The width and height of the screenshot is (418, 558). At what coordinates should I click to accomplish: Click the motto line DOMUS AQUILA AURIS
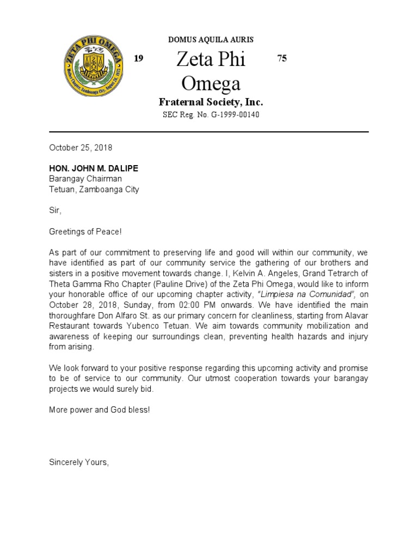coord(211,40)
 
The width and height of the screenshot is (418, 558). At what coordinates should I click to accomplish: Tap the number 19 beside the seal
coord(139,59)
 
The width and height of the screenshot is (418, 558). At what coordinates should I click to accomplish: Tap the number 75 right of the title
coord(281,59)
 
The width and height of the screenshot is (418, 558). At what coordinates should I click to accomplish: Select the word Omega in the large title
coord(210,83)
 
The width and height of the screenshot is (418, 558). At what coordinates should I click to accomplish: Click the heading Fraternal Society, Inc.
coord(211,102)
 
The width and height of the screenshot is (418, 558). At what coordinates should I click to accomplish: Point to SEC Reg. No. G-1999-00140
coord(211,115)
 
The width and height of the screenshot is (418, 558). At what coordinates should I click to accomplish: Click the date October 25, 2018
coord(81,148)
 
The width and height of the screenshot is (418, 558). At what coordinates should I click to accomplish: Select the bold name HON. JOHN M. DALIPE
coord(94,168)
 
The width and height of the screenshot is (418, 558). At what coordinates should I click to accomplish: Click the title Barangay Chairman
coord(85,179)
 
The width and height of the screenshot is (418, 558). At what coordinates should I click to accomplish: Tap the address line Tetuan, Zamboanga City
coord(94,190)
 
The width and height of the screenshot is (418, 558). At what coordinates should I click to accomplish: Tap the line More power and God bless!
coord(99,409)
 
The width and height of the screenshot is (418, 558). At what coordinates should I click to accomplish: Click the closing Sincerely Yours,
coord(79,462)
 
